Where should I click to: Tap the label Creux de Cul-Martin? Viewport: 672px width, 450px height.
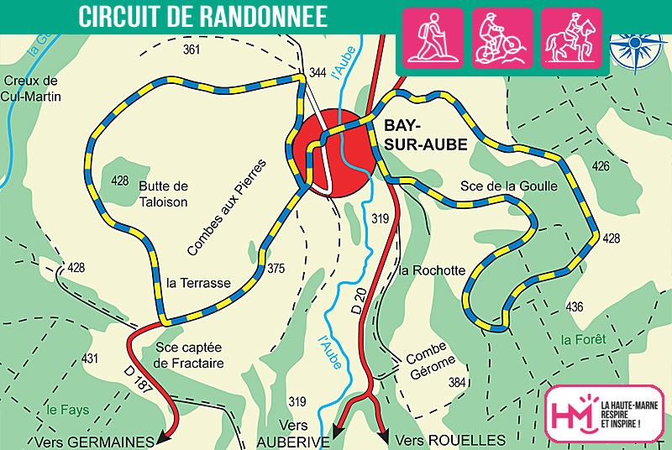31,87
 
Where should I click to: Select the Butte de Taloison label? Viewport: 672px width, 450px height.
165,194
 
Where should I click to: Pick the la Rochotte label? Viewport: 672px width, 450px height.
432,270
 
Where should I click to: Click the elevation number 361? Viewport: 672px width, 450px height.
192,51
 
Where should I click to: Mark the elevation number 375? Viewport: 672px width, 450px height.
276,269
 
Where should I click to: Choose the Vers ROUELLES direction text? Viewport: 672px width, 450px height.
450,440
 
